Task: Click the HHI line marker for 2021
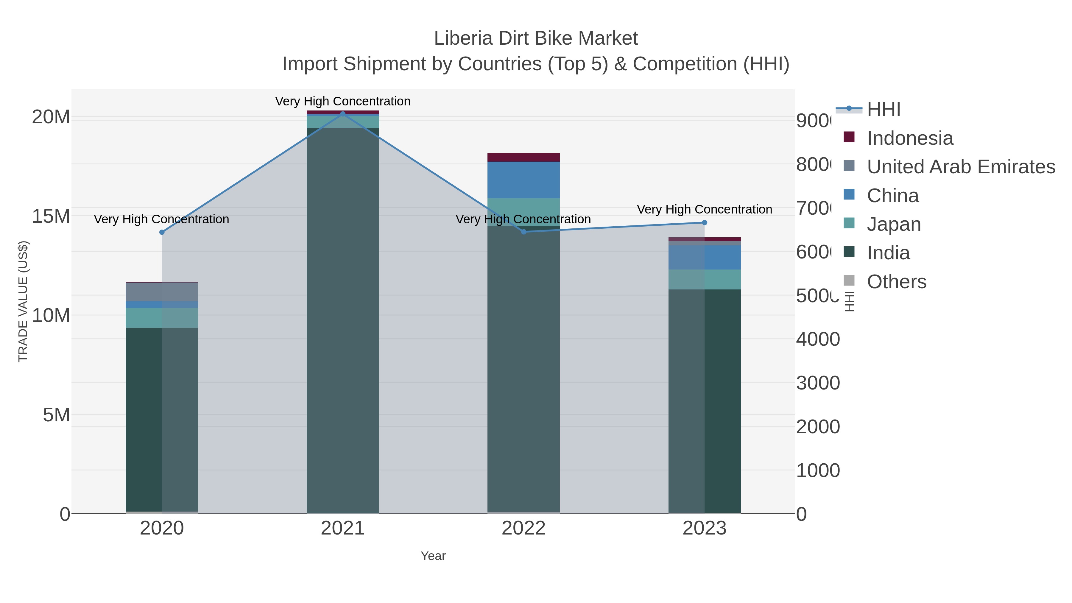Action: click(343, 114)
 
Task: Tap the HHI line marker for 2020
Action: click(162, 232)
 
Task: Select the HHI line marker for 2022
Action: click(523, 232)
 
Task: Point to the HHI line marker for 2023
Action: click(705, 223)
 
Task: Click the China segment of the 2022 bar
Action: click(523, 180)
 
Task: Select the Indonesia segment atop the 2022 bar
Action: click(523, 157)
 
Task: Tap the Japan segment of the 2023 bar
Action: click(705, 279)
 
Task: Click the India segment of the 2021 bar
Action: click(343, 320)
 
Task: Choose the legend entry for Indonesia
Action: click(910, 138)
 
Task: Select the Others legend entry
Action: click(896, 282)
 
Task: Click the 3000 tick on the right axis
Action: click(818, 383)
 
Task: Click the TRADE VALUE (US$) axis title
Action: click(23, 301)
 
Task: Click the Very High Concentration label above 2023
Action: click(705, 209)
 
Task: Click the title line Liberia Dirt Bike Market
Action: click(536, 38)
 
